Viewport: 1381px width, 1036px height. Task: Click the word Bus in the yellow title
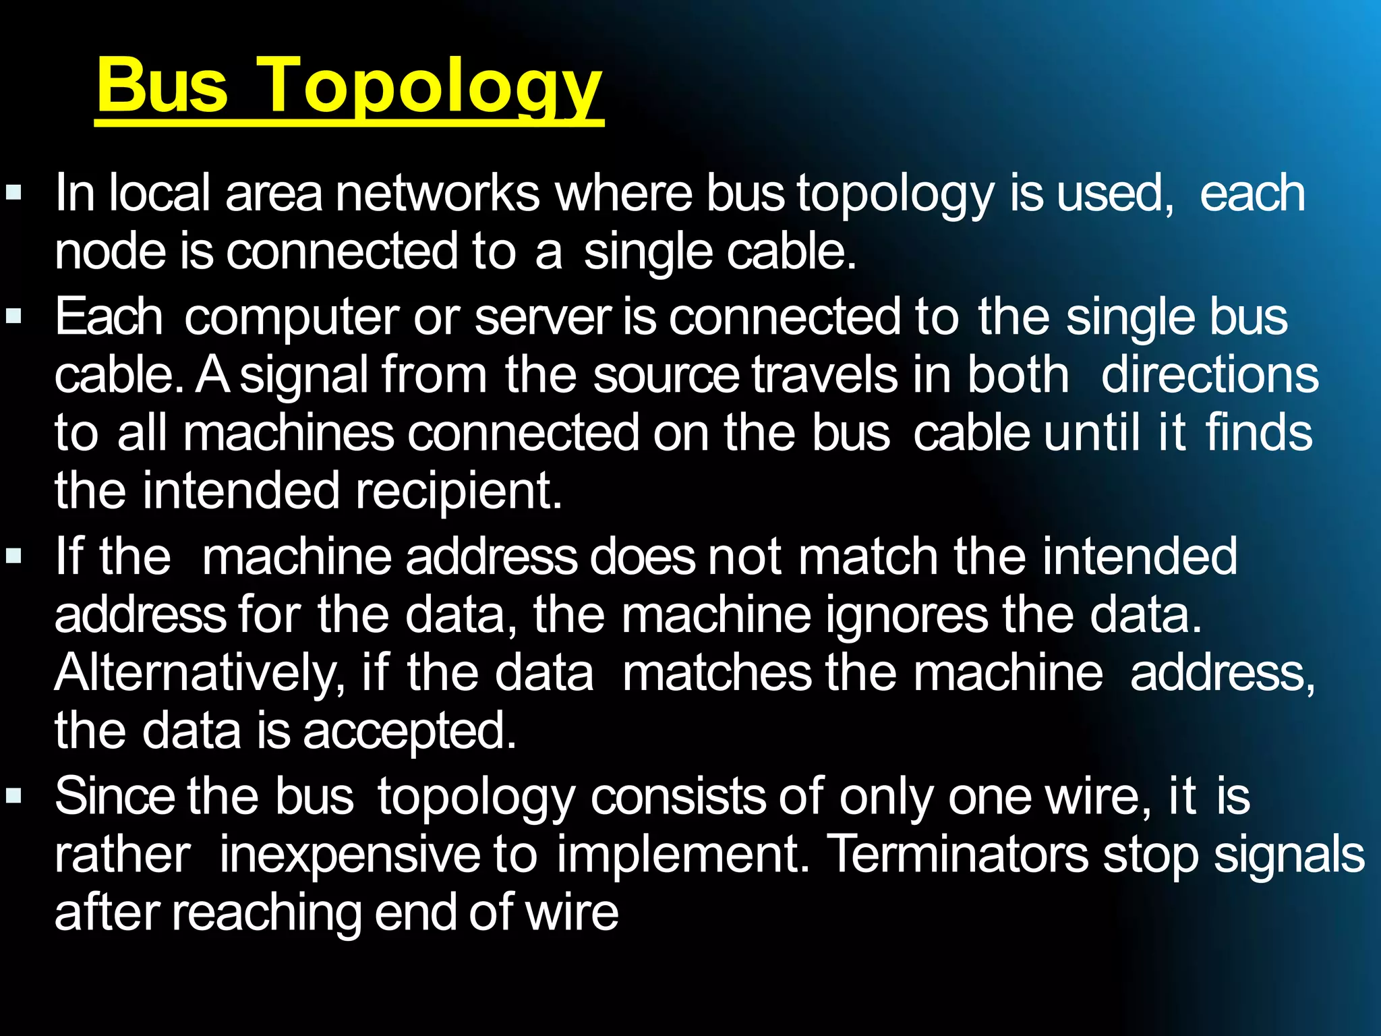[x=163, y=86]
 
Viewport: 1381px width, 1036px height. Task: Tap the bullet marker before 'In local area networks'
[x=13, y=194]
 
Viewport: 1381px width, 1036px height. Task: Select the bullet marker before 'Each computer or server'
[x=13, y=316]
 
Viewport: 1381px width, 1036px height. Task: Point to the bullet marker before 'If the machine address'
[x=13, y=556]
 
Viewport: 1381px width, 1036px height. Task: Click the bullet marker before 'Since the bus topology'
[x=13, y=797]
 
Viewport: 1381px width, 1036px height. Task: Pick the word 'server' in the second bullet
[x=542, y=318]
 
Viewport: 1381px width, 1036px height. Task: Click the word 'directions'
[x=1210, y=375]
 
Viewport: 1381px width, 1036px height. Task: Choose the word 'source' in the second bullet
[x=666, y=375]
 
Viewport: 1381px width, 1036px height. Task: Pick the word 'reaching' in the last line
[x=266, y=913]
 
